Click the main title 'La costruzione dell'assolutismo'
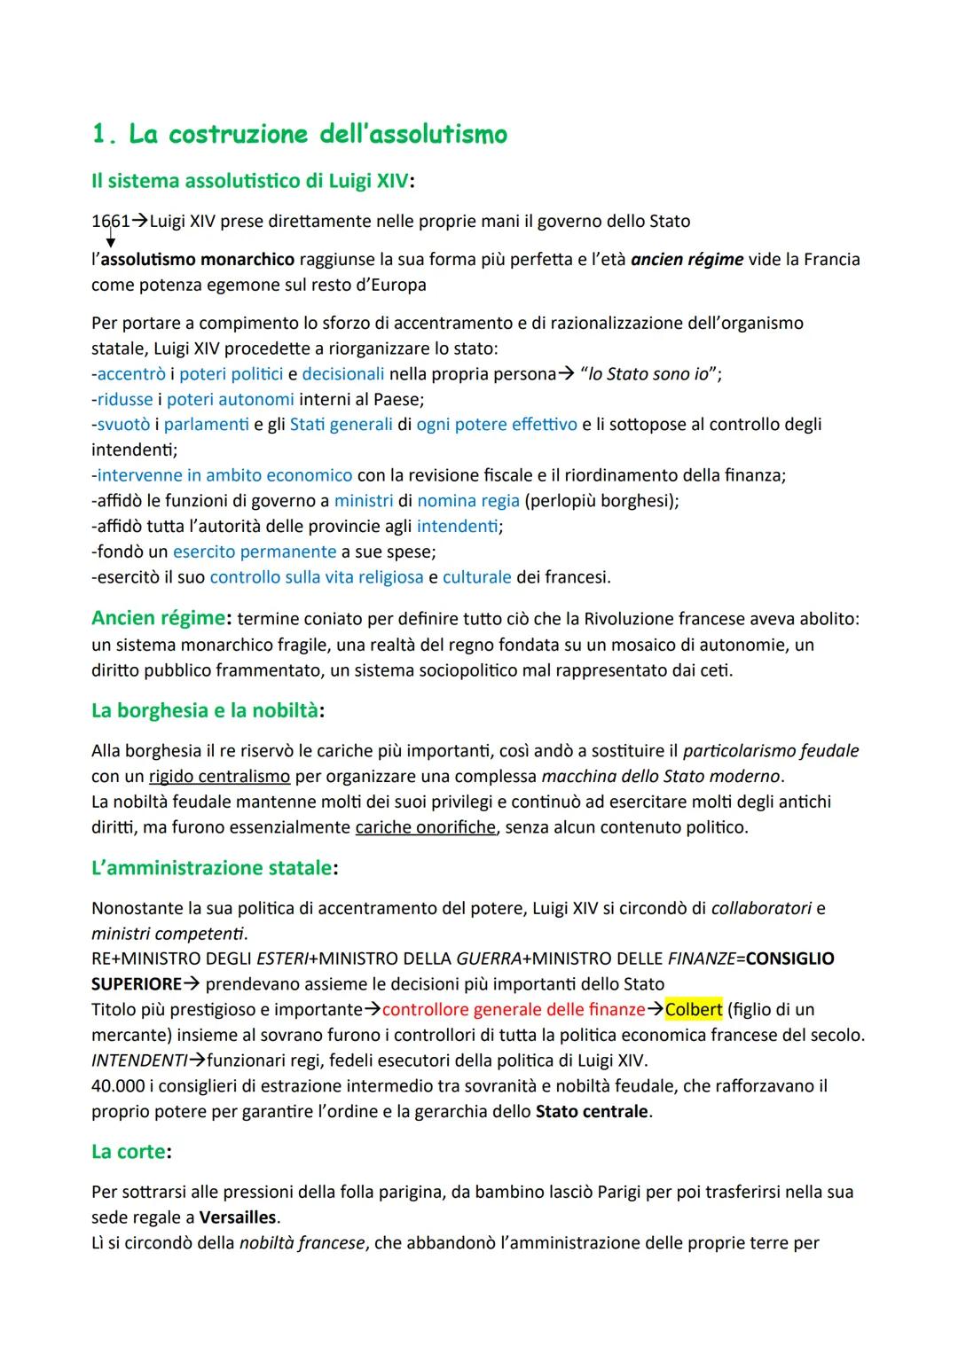300,134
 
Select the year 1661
110,221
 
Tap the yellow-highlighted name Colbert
694,1009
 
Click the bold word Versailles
238,1217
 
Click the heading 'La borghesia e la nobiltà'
205,710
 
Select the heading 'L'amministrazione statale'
212,867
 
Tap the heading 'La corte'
129,1151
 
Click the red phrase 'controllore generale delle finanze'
514,1009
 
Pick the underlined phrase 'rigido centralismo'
219,776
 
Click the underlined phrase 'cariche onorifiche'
425,827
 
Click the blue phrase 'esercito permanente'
255,552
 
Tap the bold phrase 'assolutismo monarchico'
197,259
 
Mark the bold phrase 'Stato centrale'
592,1111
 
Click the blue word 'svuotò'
123,425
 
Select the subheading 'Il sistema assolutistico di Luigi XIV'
250,181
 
